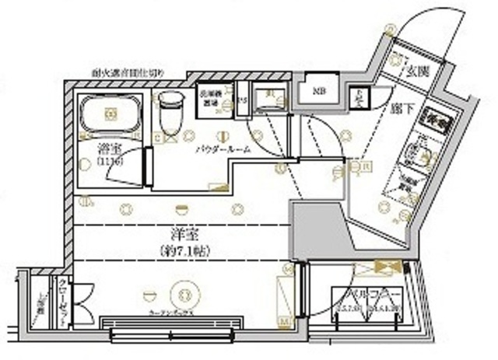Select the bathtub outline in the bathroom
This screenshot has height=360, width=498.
coord(110,116)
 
